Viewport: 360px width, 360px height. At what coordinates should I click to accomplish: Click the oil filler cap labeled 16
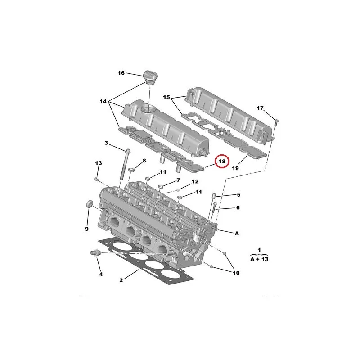(x=149, y=77)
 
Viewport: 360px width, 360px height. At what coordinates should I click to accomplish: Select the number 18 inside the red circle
(x=222, y=162)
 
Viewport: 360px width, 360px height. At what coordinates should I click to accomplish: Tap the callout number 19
(x=235, y=168)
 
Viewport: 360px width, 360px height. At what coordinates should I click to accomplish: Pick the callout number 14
(x=103, y=101)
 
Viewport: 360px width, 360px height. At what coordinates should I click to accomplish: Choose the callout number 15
(x=166, y=97)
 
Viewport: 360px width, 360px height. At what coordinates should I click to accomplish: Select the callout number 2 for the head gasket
(x=121, y=280)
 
